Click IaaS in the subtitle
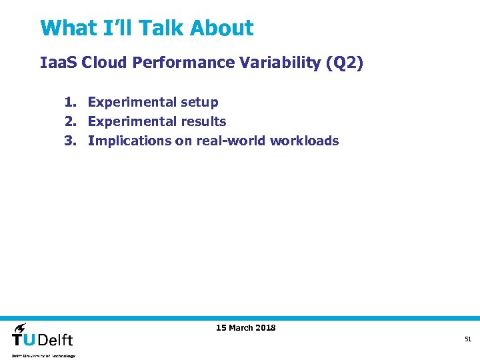[x=59, y=63]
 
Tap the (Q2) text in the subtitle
[x=345, y=63]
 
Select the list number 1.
[x=70, y=102]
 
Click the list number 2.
[x=70, y=121]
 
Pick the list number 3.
[x=70, y=141]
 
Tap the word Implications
[x=129, y=141]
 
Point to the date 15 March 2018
[x=245, y=327]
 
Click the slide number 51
[x=468, y=339]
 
